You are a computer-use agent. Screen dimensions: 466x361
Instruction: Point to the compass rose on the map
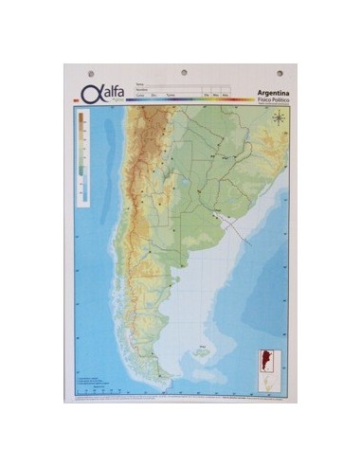pyautogui.click(x=279, y=118)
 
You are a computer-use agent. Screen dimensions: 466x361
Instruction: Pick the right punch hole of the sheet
pyautogui.click(x=279, y=72)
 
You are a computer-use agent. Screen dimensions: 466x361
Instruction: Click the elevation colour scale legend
pyautogui.click(x=83, y=156)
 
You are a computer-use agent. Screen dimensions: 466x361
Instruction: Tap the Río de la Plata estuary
pyautogui.click(x=220, y=217)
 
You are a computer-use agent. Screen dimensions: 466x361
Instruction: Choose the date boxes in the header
pyautogui.click(x=216, y=95)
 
